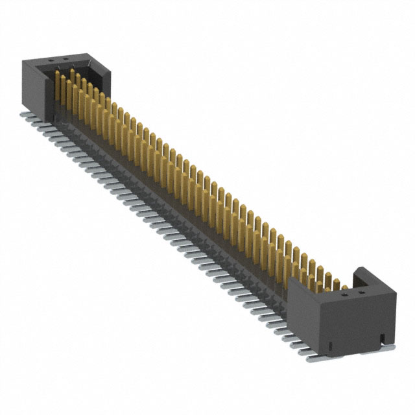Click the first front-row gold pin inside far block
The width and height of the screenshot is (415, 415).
58,88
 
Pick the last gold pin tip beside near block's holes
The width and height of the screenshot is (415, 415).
337,281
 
